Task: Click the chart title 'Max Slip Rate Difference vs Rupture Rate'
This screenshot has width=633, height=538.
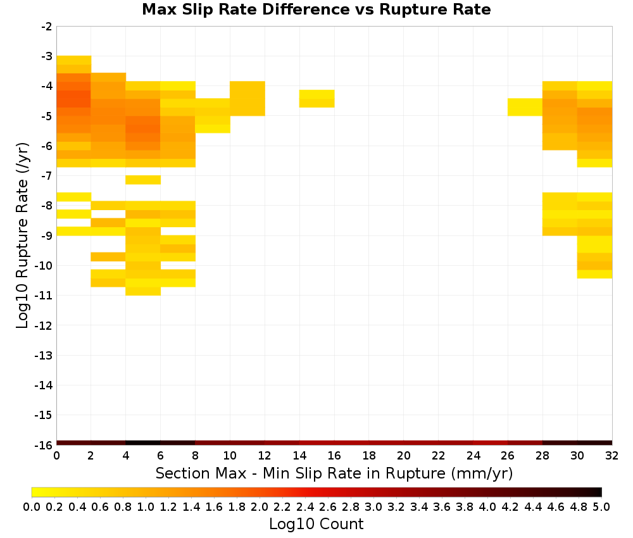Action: click(316, 9)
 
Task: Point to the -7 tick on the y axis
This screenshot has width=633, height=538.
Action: click(47, 175)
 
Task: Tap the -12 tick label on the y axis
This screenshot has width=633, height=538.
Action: click(44, 325)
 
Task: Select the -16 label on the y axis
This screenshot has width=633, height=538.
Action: click(44, 445)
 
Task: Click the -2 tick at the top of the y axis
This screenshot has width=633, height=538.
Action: click(47, 27)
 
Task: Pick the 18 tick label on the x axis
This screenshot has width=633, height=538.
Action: click(369, 456)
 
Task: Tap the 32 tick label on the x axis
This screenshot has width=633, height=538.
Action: click(612, 456)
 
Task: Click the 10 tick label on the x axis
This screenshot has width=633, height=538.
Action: click(230, 456)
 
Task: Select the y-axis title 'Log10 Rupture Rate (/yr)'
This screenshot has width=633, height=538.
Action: click(22, 235)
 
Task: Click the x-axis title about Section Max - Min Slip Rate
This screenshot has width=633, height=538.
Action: click(334, 473)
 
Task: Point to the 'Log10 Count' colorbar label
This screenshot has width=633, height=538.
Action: click(316, 524)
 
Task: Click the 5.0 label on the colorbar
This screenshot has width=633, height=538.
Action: click(601, 507)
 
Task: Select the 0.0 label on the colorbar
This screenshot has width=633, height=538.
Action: click(32, 507)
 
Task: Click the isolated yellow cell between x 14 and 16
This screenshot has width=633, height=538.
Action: click(317, 99)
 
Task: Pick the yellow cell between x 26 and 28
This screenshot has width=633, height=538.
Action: click(525, 107)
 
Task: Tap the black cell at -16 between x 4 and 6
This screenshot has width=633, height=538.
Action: click(143, 443)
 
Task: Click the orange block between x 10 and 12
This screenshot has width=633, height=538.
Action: click(248, 99)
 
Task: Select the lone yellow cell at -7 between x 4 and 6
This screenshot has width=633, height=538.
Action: click(143, 180)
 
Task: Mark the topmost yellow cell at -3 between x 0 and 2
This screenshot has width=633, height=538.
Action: click(74, 60)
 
